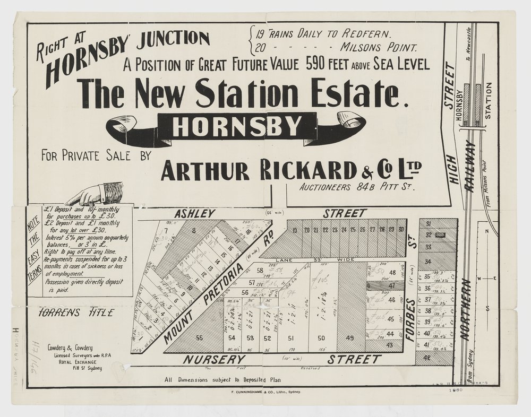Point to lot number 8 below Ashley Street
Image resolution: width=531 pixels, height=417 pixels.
click(194, 230)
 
